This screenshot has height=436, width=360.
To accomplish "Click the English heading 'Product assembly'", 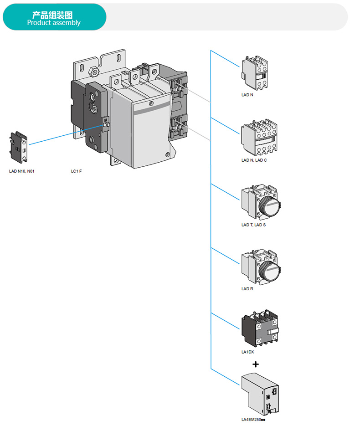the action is (x=54, y=23).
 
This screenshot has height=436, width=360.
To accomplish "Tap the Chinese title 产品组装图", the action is (x=52, y=15).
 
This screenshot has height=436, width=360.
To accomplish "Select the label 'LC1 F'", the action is (x=76, y=171).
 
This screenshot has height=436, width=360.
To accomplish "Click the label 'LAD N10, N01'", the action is (x=22, y=171).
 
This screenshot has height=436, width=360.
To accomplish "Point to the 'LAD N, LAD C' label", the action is (x=254, y=160).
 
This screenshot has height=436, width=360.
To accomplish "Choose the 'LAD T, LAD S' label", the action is (x=253, y=225).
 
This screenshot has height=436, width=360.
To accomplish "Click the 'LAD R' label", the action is (x=247, y=289).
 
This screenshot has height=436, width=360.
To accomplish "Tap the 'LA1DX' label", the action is (x=247, y=352).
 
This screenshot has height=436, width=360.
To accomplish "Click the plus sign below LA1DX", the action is (x=255, y=364).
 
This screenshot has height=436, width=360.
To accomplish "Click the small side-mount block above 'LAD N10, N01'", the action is (x=19, y=147).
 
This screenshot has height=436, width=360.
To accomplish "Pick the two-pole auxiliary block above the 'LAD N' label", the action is (x=255, y=73).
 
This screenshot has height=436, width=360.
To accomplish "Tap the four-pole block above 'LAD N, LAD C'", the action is (x=259, y=138).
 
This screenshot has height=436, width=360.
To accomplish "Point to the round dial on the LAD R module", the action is (x=269, y=271).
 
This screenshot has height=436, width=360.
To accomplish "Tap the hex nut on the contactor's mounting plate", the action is (x=93, y=72).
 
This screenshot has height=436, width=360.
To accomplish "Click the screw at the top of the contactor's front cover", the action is (x=151, y=104).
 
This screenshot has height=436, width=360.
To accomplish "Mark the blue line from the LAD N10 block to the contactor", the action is (x=66, y=135).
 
